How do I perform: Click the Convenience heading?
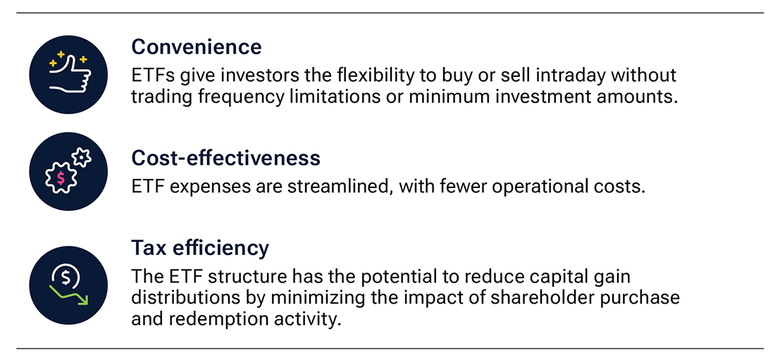click(x=196, y=47)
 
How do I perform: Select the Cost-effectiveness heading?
click(x=225, y=159)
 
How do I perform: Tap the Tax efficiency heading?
click(x=200, y=248)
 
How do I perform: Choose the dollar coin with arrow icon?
click(x=68, y=285)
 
